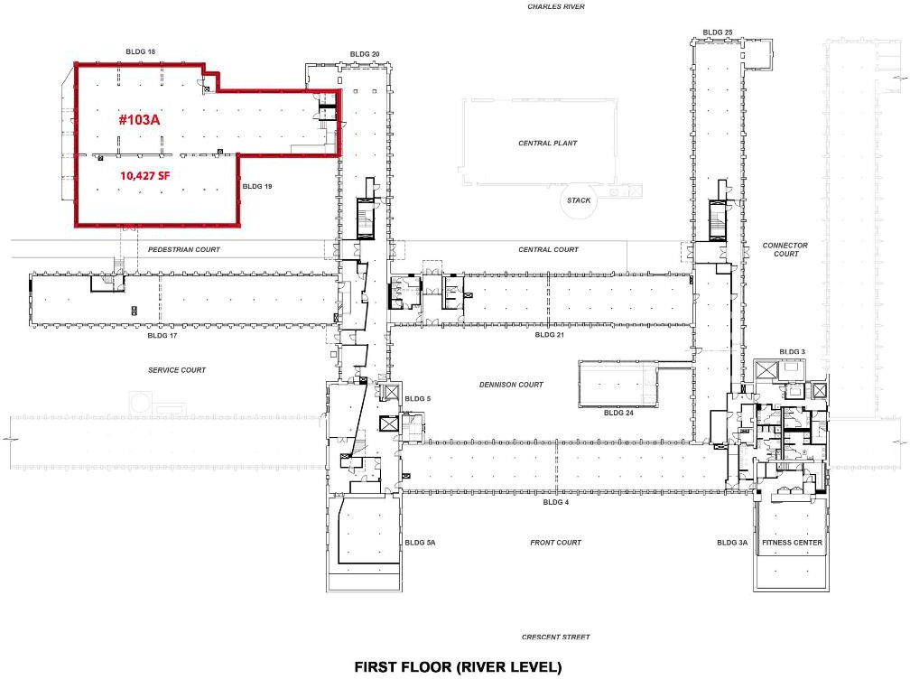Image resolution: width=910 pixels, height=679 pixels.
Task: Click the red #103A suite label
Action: click(139, 119)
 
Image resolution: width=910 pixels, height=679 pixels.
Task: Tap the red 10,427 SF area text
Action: click(145, 175)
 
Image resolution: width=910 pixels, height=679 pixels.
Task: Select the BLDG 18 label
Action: click(141, 51)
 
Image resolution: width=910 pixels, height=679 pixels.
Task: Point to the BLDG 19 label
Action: click(257, 186)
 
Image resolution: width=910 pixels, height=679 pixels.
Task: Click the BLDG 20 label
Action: click(365, 54)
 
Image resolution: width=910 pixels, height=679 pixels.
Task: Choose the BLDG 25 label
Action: click(718, 33)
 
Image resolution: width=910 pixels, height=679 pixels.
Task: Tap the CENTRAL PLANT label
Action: click(548, 143)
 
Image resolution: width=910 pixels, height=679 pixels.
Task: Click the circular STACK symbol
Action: click(579, 200)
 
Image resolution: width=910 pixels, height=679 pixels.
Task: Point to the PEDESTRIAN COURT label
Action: click(184, 249)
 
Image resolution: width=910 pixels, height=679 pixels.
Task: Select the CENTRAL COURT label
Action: click(549, 249)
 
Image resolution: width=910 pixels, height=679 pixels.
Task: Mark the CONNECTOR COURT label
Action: click(785, 249)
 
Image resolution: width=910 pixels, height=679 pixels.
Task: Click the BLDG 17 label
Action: click(162, 336)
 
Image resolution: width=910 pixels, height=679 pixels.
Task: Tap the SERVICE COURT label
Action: click(177, 369)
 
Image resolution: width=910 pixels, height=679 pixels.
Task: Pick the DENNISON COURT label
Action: click(511, 384)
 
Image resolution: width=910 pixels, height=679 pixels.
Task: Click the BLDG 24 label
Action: click(618, 413)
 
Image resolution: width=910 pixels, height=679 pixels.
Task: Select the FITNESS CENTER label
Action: click(793, 543)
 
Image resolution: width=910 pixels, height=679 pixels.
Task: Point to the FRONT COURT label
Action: click(555, 543)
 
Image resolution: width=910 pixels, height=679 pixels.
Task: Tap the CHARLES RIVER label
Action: click(556, 7)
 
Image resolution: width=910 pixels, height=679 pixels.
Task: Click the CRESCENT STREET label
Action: click(556, 637)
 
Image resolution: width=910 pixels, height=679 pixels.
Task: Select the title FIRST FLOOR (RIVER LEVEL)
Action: click(458, 667)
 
